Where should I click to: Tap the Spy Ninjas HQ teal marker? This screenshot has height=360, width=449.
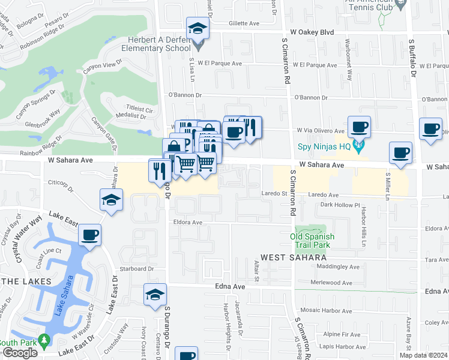358,145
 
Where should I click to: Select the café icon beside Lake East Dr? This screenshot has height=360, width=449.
89,235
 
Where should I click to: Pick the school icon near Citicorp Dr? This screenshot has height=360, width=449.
111,200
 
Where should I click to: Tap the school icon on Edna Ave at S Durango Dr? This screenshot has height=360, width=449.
155,295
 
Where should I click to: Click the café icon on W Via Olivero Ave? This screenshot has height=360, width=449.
359,127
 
